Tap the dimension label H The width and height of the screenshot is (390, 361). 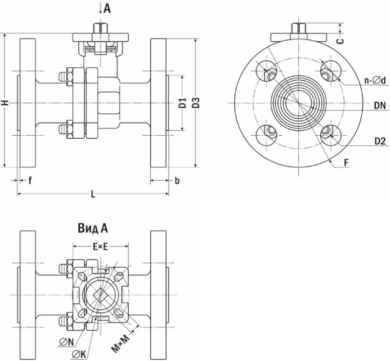click(x=5, y=103)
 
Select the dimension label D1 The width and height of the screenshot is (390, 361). click(x=182, y=103)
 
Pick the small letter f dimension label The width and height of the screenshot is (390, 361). click(x=30, y=181)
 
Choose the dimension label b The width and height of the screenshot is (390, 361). click(x=177, y=181)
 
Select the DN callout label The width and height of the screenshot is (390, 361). click(x=380, y=105)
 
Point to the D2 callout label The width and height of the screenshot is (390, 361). click(x=380, y=142)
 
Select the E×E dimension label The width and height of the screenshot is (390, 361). click(x=100, y=247)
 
